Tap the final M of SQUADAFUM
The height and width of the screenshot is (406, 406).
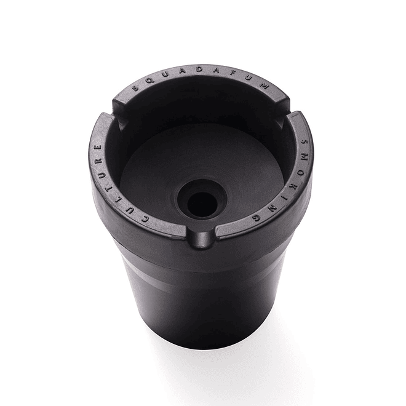point(265,87)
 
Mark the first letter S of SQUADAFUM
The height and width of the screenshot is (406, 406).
point(135,89)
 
